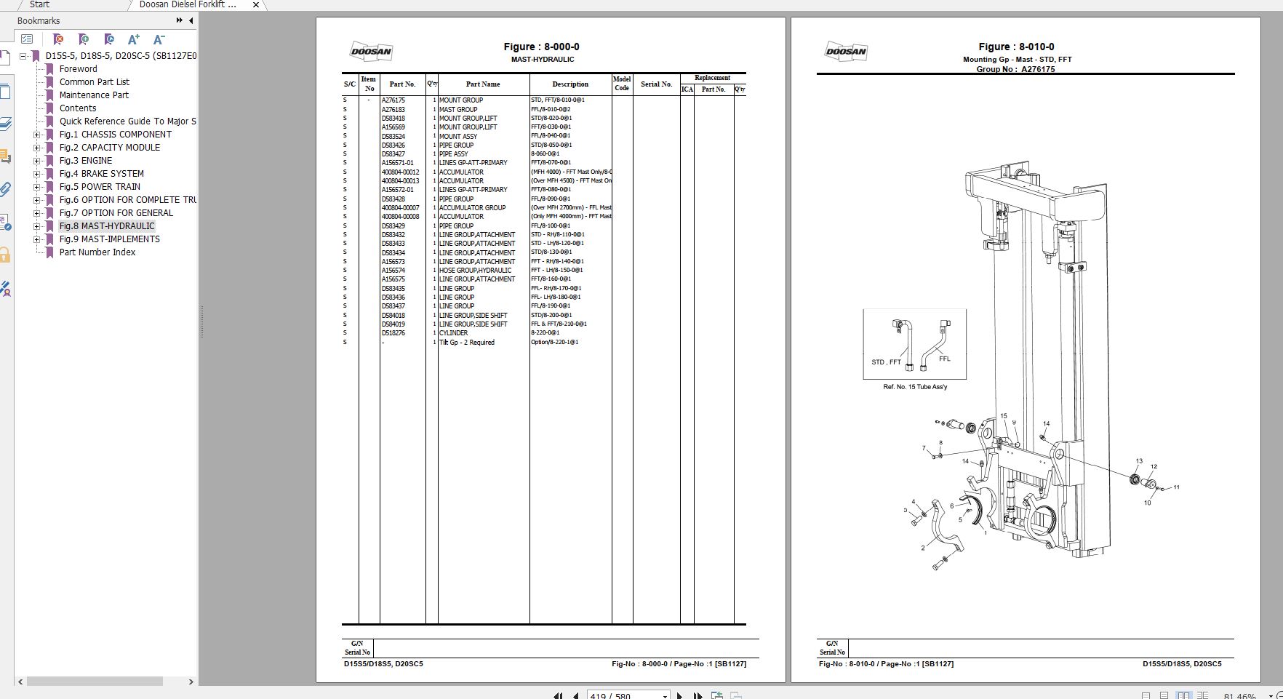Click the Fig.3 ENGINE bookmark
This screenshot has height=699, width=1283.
[86, 161]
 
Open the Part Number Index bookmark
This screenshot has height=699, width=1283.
[97, 252]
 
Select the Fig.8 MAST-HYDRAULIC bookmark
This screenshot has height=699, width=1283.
[107, 226]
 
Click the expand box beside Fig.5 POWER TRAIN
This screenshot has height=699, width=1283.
[37, 187]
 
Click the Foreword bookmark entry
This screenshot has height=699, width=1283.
[78, 69]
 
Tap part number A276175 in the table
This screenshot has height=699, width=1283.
[393, 100]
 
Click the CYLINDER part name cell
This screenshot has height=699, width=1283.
[454, 333]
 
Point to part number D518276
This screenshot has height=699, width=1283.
[393, 333]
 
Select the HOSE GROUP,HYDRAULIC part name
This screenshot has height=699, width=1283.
[475, 271]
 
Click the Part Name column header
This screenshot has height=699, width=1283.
[483, 84]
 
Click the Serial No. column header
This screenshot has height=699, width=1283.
[656, 84]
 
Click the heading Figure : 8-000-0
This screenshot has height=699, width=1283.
[542, 47]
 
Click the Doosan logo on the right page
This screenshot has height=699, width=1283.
[846, 52]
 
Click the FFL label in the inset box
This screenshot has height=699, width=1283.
[944, 359]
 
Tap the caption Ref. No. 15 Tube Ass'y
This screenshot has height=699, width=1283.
[915, 387]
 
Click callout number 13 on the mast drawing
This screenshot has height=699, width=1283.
[1139, 461]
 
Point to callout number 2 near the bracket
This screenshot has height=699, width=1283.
[923, 548]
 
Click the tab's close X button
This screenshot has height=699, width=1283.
[256, 5]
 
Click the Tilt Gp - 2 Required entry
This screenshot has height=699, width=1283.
[466, 343]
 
